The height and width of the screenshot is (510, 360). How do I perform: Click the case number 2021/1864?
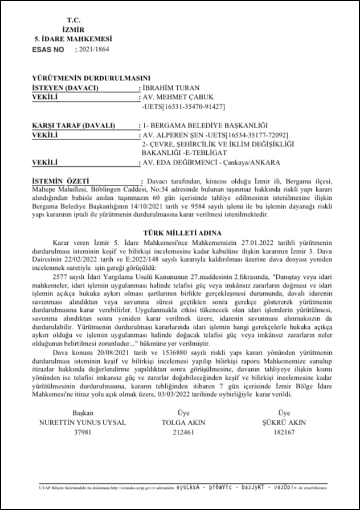pyautogui.click(x=93, y=50)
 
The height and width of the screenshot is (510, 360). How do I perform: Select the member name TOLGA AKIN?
pyautogui.click(x=183, y=422)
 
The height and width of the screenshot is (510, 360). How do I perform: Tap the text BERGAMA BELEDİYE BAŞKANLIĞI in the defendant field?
pyautogui.click(x=214, y=125)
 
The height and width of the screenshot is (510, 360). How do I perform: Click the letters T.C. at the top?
pyautogui.click(x=73, y=20)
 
